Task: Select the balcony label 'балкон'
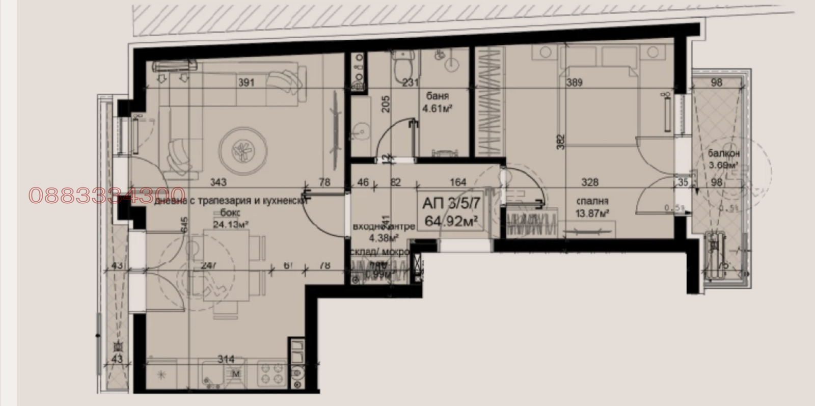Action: pyautogui.click(x=724, y=153)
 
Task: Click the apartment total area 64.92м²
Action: pyautogui.click(x=450, y=221)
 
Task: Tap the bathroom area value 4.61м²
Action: pyautogui.click(x=438, y=108)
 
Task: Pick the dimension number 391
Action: pyautogui.click(x=246, y=83)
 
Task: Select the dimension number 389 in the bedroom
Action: pyautogui.click(x=574, y=83)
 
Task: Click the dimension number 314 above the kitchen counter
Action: pyautogui.click(x=226, y=359)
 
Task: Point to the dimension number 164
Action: pyautogui.click(x=458, y=182)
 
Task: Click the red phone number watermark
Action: pyautogui.click(x=107, y=196)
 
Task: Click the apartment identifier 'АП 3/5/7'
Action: pyautogui.click(x=451, y=203)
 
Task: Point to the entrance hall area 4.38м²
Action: pyautogui.click(x=384, y=237)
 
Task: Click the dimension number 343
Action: pyautogui.click(x=218, y=182)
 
